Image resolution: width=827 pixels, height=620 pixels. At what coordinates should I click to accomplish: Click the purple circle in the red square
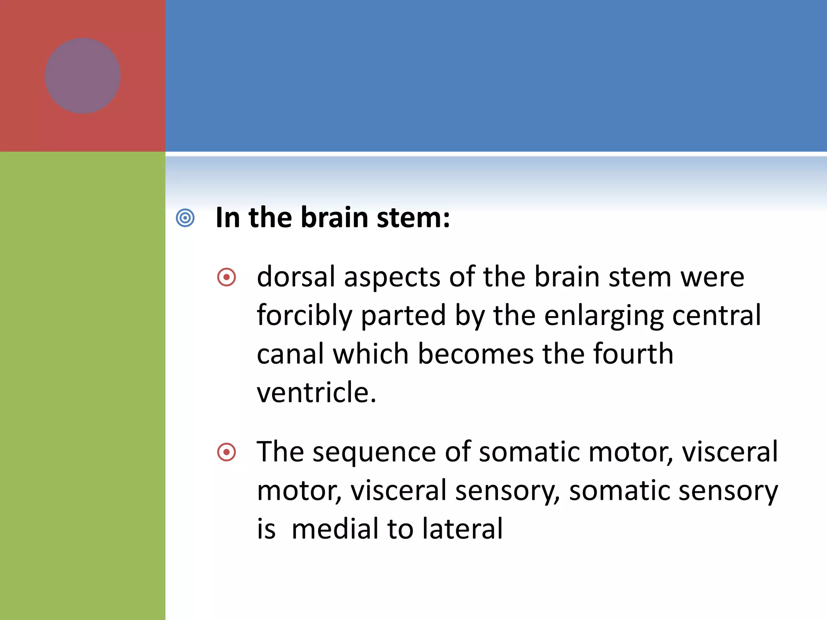pyautogui.click(x=83, y=76)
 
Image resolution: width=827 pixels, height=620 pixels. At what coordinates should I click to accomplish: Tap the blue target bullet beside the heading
pyautogui.click(x=185, y=218)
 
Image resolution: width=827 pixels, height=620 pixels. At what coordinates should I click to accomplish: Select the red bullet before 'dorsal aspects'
pyautogui.click(x=227, y=277)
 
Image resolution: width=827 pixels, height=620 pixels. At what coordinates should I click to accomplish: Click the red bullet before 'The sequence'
pyautogui.click(x=227, y=452)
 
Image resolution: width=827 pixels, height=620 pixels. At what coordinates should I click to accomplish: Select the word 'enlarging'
pyautogui.click(x=604, y=316)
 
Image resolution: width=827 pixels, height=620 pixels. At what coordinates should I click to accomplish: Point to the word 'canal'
pyautogui.click(x=290, y=354)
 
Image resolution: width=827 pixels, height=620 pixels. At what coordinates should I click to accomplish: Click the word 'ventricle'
pyautogui.click(x=312, y=392)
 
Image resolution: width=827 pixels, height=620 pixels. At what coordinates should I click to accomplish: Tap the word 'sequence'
pyautogui.click(x=374, y=452)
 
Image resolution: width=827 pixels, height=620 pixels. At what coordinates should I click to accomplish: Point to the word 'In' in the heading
pyautogui.click(x=228, y=218)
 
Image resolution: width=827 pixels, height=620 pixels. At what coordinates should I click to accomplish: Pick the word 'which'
pyautogui.click(x=371, y=354)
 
